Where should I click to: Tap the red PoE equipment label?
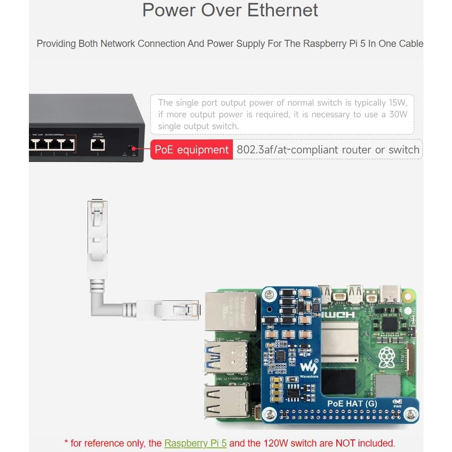pyautogui.click(x=191, y=150)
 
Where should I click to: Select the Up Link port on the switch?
pyautogui.click(x=98, y=145)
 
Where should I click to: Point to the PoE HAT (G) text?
pyautogui.click(x=352, y=404)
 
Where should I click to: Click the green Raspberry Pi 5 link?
pyautogui.click(x=195, y=443)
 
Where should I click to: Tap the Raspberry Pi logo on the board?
pyautogui.click(x=387, y=357)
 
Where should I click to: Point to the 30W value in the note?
pyautogui.click(x=398, y=114)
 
